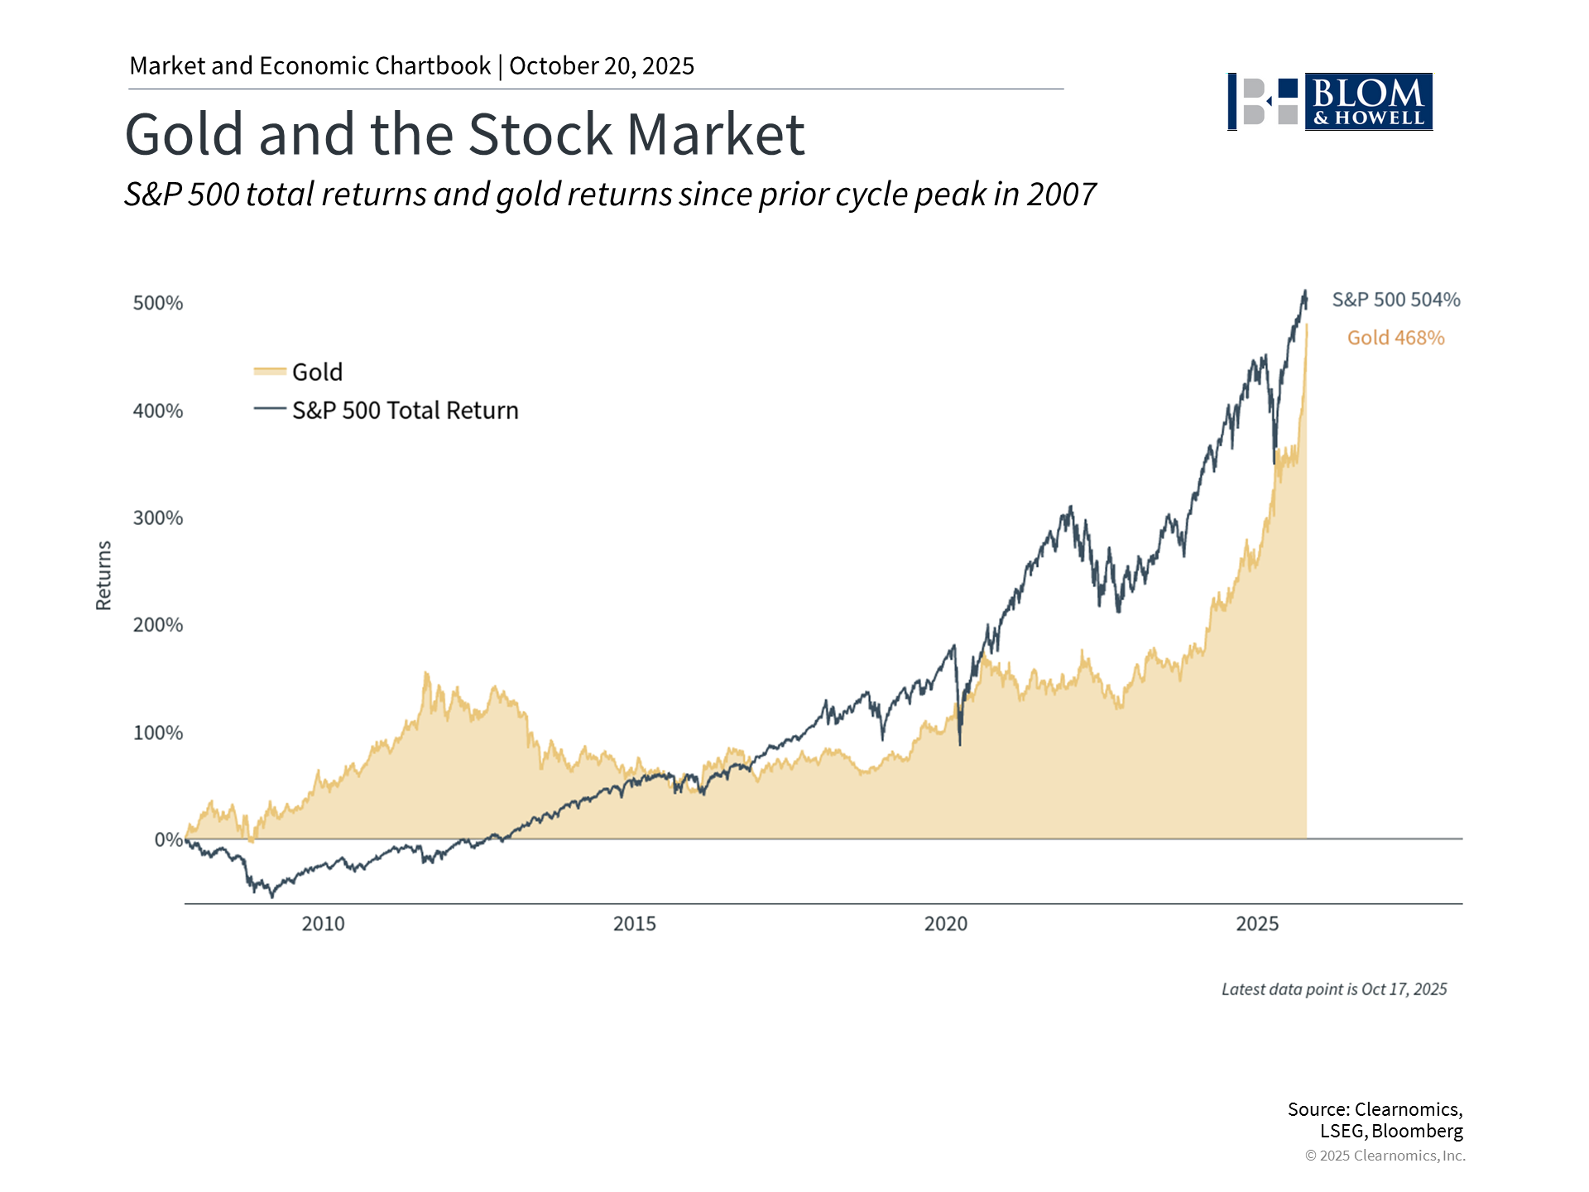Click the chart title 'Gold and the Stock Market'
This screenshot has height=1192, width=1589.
[x=464, y=134]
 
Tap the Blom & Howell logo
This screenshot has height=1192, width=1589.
[x=1330, y=102]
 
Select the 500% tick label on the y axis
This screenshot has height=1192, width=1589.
[x=158, y=303]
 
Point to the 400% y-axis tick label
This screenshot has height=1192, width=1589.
[x=158, y=411]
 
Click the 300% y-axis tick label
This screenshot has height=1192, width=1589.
[x=158, y=518]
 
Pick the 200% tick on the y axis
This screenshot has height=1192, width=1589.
[x=158, y=625]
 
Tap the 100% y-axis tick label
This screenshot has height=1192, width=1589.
[x=158, y=733]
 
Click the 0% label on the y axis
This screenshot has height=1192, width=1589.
[x=168, y=839]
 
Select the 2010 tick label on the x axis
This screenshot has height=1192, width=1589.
[x=323, y=924]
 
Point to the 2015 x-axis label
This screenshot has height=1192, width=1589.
[x=634, y=924]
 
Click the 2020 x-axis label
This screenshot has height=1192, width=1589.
[x=945, y=924]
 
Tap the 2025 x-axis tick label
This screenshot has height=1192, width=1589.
[x=1257, y=924]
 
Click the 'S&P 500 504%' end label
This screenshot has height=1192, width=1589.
[x=1396, y=300]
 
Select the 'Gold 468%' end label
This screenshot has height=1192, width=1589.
[x=1395, y=338]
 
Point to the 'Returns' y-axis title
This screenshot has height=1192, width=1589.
[x=103, y=575]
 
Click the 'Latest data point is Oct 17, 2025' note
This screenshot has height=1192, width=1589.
[x=1334, y=989]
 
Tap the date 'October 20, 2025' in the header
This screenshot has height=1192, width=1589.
[x=602, y=66]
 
